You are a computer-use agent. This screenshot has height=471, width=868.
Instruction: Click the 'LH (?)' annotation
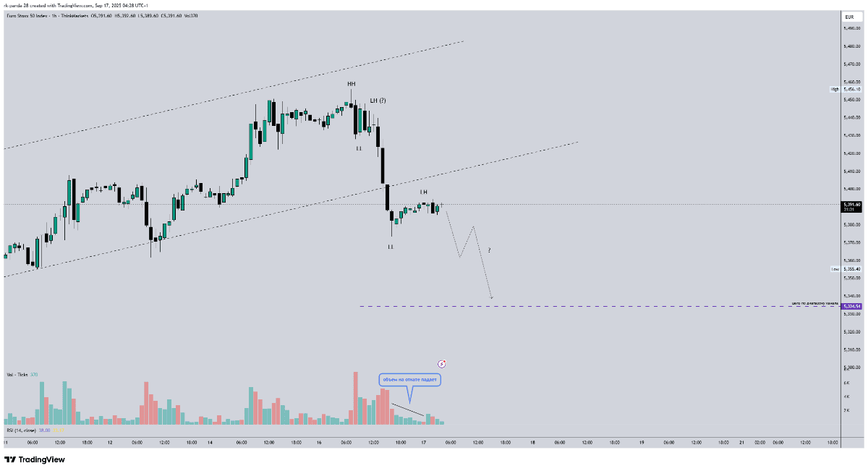tap(378, 100)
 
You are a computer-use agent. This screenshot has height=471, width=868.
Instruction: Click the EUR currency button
tap(849, 17)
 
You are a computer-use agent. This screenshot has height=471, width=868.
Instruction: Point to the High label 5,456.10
tap(845, 89)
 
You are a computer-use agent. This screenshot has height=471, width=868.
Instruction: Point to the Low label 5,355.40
tap(845, 269)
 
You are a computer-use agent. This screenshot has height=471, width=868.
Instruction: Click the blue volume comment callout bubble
tap(409, 379)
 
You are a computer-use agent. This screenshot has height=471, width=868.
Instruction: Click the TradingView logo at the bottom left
tap(35, 459)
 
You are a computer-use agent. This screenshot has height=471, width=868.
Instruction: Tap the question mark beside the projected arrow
tap(489, 250)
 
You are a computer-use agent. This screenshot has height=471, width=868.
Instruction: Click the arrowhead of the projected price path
tap(492, 297)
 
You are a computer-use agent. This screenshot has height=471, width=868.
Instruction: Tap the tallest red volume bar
tap(355, 398)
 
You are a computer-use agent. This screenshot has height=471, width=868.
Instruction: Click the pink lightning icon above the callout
tap(442, 363)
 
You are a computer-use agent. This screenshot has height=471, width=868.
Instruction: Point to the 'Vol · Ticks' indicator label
tap(17, 375)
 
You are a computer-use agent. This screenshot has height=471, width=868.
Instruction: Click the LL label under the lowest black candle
tap(391, 247)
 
